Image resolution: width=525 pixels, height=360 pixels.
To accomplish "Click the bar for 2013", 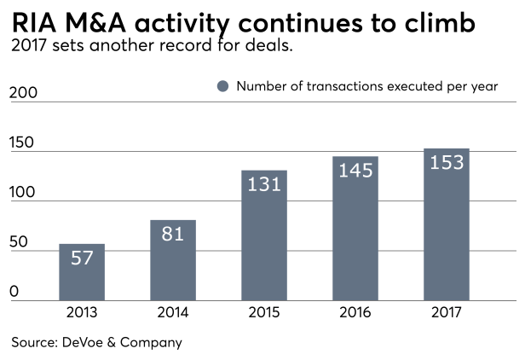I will pyautogui.click(x=82, y=273).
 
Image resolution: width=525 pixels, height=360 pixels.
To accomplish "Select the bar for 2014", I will pyautogui.click(x=173, y=261).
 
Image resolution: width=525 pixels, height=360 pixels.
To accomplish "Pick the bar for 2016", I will pyautogui.click(x=355, y=229).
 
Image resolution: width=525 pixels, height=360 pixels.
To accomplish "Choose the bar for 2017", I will pyautogui.click(x=447, y=226).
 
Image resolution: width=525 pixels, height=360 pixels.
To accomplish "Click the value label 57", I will pyautogui.click(x=82, y=257).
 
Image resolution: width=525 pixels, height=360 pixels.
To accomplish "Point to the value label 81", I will pyautogui.click(x=173, y=233).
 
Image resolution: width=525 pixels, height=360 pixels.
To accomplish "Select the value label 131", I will pyautogui.click(x=264, y=183).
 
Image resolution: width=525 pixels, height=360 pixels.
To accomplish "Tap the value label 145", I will pyautogui.click(x=355, y=170).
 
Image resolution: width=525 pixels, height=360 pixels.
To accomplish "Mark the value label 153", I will pyautogui.click(x=447, y=162).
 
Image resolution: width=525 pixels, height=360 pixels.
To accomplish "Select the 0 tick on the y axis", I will pyautogui.click(x=14, y=292).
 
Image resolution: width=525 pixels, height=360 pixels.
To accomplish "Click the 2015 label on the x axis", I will pyautogui.click(x=264, y=313).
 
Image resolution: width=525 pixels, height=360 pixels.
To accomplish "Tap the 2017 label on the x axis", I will pyautogui.click(x=447, y=313).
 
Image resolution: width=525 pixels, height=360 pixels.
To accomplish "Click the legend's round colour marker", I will pyautogui.click(x=223, y=86).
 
